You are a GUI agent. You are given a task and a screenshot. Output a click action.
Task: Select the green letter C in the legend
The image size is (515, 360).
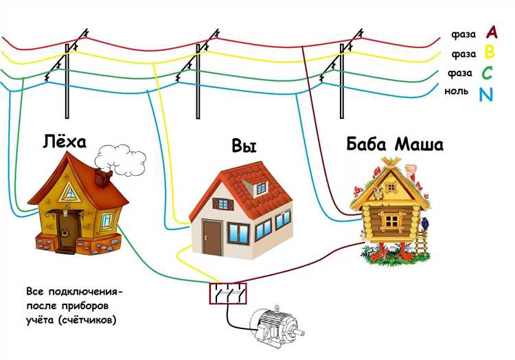click(488, 72)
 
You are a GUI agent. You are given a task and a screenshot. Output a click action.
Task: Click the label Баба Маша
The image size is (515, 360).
click(395, 145)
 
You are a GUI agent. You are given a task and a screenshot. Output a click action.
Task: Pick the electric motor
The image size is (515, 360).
click(275, 323)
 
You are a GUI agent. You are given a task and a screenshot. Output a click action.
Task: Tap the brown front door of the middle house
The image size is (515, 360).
click(212, 238)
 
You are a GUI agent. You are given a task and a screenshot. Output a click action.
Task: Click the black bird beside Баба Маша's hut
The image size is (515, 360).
click(424, 222)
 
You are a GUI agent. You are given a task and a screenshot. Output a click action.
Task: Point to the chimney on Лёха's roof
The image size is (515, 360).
click(103, 177)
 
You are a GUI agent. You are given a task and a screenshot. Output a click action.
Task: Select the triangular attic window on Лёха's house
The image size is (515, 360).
click(69, 192)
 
